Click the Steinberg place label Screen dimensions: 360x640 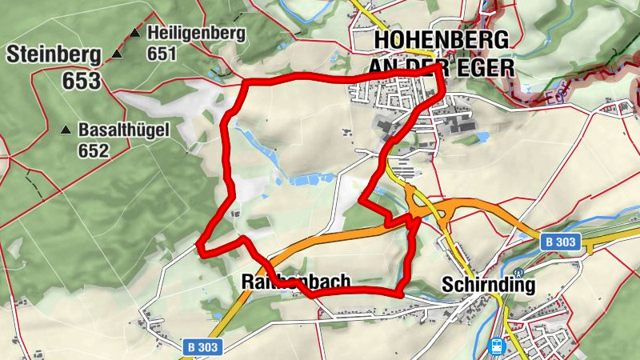point(54,55)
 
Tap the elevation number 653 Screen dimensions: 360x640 point(82,81)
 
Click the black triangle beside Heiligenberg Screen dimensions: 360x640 point(135,34)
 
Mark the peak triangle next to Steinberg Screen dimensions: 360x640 point(117,54)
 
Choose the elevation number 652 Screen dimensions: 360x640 point(93,150)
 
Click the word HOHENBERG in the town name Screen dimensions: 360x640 point(442,40)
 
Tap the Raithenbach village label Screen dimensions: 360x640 point(296,282)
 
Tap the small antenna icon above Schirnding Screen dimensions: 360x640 point(518,273)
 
